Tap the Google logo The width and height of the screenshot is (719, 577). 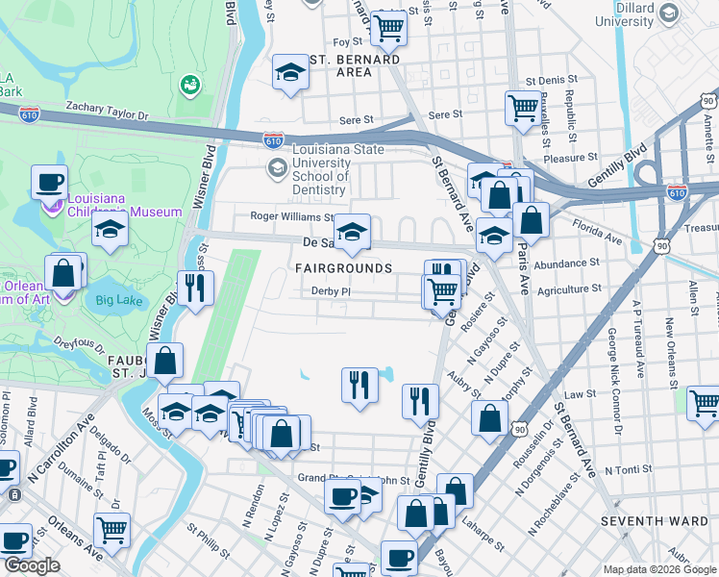(32, 565)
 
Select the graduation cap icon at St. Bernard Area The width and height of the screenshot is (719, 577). (289, 73)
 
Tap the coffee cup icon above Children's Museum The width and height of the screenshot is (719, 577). (50, 181)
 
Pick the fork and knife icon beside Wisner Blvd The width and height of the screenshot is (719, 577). (196, 287)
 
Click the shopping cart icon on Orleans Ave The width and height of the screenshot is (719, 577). (112, 529)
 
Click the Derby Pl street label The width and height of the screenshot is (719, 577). (329, 291)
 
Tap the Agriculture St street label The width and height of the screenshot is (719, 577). (569, 288)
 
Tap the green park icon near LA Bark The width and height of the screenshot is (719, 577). (188, 85)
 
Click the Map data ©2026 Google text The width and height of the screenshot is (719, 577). (658, 569)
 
